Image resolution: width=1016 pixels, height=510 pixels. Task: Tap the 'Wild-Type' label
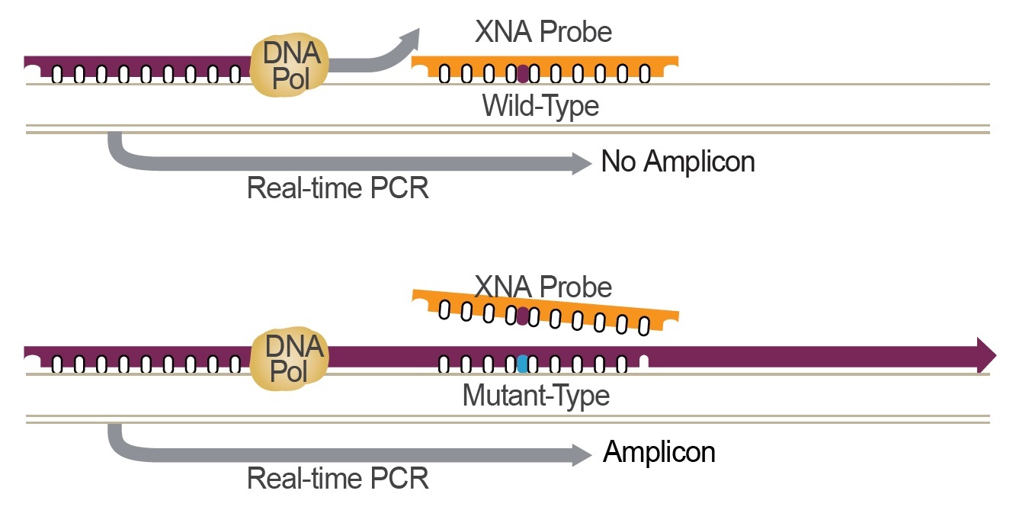tap(540, 105)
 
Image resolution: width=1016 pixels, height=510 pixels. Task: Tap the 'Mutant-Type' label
tap(536, 396)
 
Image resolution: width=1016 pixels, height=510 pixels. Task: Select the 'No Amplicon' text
tap(678, 162)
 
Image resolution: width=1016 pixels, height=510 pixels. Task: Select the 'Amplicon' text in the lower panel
tap(659, 452)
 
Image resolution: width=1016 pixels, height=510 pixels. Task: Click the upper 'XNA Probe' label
tap(543, 31)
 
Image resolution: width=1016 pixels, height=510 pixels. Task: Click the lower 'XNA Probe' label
tap(543, 287)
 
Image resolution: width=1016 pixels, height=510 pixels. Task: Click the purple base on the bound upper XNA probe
tap(522, 75)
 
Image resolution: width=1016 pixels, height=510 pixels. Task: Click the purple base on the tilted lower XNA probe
tap(522, 316)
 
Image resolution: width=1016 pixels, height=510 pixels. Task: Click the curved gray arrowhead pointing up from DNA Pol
tap(410, 38)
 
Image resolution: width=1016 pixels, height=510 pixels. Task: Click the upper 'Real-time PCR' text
tap(338, 188)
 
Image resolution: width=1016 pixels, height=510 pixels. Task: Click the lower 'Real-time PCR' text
tap(338, 479)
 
